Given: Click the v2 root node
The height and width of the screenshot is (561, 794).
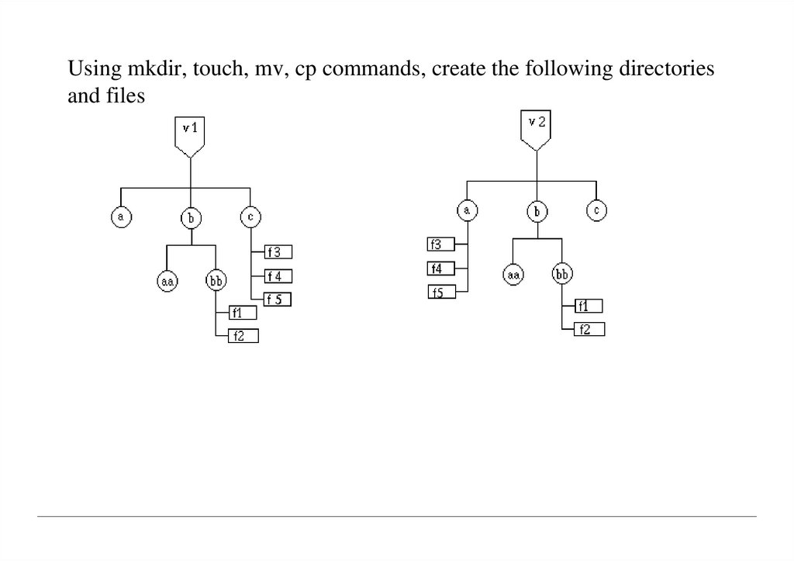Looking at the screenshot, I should (537, 126).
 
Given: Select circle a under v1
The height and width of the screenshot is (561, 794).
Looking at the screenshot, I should (120, 217).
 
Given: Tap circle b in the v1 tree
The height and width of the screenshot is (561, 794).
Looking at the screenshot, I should (191, 218).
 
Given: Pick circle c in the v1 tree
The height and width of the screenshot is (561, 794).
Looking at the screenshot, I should (250, 217).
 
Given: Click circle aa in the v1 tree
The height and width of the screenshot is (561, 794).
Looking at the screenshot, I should (167, 280).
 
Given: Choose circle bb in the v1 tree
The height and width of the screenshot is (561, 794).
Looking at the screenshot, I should (215, 280).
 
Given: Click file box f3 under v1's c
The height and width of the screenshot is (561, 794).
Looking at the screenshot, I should (278, 251).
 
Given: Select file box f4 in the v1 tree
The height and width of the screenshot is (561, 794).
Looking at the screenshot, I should (278, 275).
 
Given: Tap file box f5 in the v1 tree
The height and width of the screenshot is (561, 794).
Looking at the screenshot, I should (278, 300).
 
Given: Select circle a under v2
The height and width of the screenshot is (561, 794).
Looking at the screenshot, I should (466, 210).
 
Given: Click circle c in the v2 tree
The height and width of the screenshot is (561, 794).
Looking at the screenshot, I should (595, 210).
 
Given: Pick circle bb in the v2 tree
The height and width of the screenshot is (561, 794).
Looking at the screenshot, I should (562, 274).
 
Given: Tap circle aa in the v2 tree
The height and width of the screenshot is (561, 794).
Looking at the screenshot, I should (513, 274).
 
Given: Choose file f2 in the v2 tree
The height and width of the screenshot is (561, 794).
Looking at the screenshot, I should (589, 330).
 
